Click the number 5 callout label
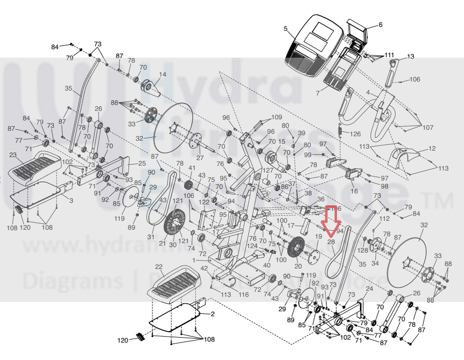pos(286,29)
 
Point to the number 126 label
pos(355,134)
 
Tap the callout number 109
pos(277,118)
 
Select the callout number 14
pos(162,75)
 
